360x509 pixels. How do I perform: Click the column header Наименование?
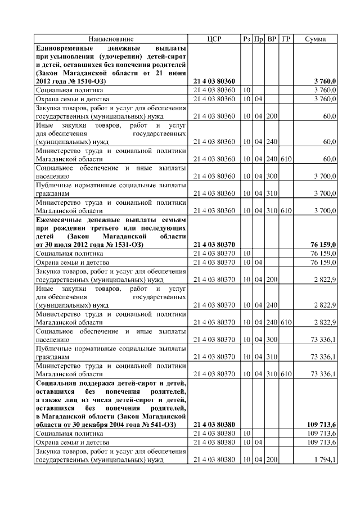click(x=111, y=39)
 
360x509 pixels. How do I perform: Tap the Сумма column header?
click(x=317, y=39)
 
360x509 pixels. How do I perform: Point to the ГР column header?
click(x=286, y=39)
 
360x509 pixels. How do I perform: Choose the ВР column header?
click(x=272, y=39)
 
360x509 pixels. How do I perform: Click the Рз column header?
click(x=247, y=39)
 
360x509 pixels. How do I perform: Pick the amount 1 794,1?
click(x=326, y=460)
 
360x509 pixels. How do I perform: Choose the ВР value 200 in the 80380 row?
click(x=272, y=460)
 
